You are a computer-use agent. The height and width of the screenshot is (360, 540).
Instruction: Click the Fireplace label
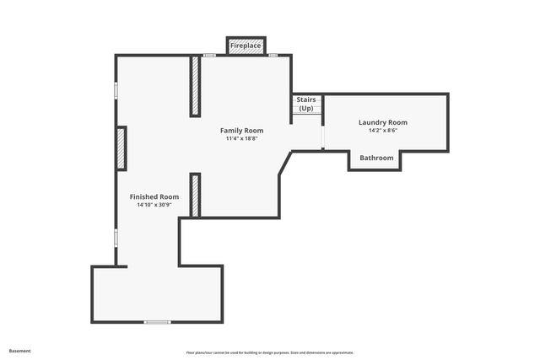246,45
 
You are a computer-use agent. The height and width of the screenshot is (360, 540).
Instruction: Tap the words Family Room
241,131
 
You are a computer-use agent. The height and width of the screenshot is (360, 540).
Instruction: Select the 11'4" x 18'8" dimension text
241,139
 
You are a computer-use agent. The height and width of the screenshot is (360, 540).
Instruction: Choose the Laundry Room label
382,122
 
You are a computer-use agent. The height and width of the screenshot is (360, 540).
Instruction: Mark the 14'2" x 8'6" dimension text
382,131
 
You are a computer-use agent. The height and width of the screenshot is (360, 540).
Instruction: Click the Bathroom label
376,158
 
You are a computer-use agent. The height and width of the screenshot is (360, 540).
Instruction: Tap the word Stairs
305,100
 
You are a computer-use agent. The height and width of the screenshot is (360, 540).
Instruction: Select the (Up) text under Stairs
305,109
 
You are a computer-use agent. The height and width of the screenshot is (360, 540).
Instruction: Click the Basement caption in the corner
21,351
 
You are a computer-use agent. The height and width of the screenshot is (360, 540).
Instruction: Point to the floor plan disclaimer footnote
270,352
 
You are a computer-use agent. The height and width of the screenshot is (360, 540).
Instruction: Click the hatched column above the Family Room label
195,86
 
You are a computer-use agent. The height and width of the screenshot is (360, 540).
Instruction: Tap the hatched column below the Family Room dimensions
195,195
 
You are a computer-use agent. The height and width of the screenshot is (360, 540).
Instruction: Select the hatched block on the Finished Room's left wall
121,148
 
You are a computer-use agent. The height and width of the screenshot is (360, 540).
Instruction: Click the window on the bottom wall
157,322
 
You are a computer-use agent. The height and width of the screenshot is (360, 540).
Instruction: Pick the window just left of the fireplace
209,56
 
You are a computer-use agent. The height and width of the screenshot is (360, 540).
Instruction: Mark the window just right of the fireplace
273,56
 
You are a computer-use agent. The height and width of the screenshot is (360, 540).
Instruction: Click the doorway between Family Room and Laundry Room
323,137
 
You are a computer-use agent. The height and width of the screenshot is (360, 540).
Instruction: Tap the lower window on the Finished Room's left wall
116,237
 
